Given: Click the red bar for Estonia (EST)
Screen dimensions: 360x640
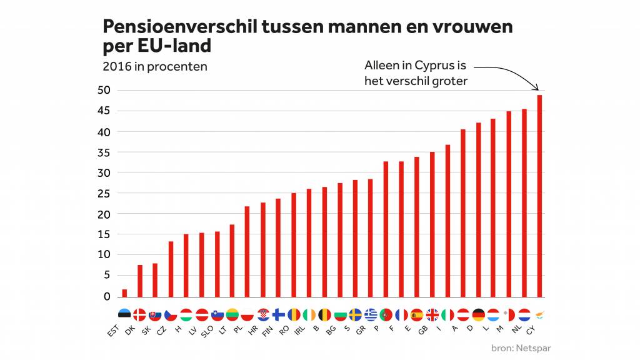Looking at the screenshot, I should point(124,293).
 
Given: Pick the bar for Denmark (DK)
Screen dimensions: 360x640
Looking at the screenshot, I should point(140,281).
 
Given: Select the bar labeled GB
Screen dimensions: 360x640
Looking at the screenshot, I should point(432,224).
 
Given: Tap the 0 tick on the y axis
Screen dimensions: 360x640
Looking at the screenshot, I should point(106,296).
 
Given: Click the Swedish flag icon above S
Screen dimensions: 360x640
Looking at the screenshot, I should point(355,314).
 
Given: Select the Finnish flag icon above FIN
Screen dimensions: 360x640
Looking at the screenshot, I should point(278,314).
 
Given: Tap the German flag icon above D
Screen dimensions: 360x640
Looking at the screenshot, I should point(478,314).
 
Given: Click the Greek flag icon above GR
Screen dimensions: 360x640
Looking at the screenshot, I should point(371,314).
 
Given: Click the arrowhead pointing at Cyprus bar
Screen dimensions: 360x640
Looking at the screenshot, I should point(539,89).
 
